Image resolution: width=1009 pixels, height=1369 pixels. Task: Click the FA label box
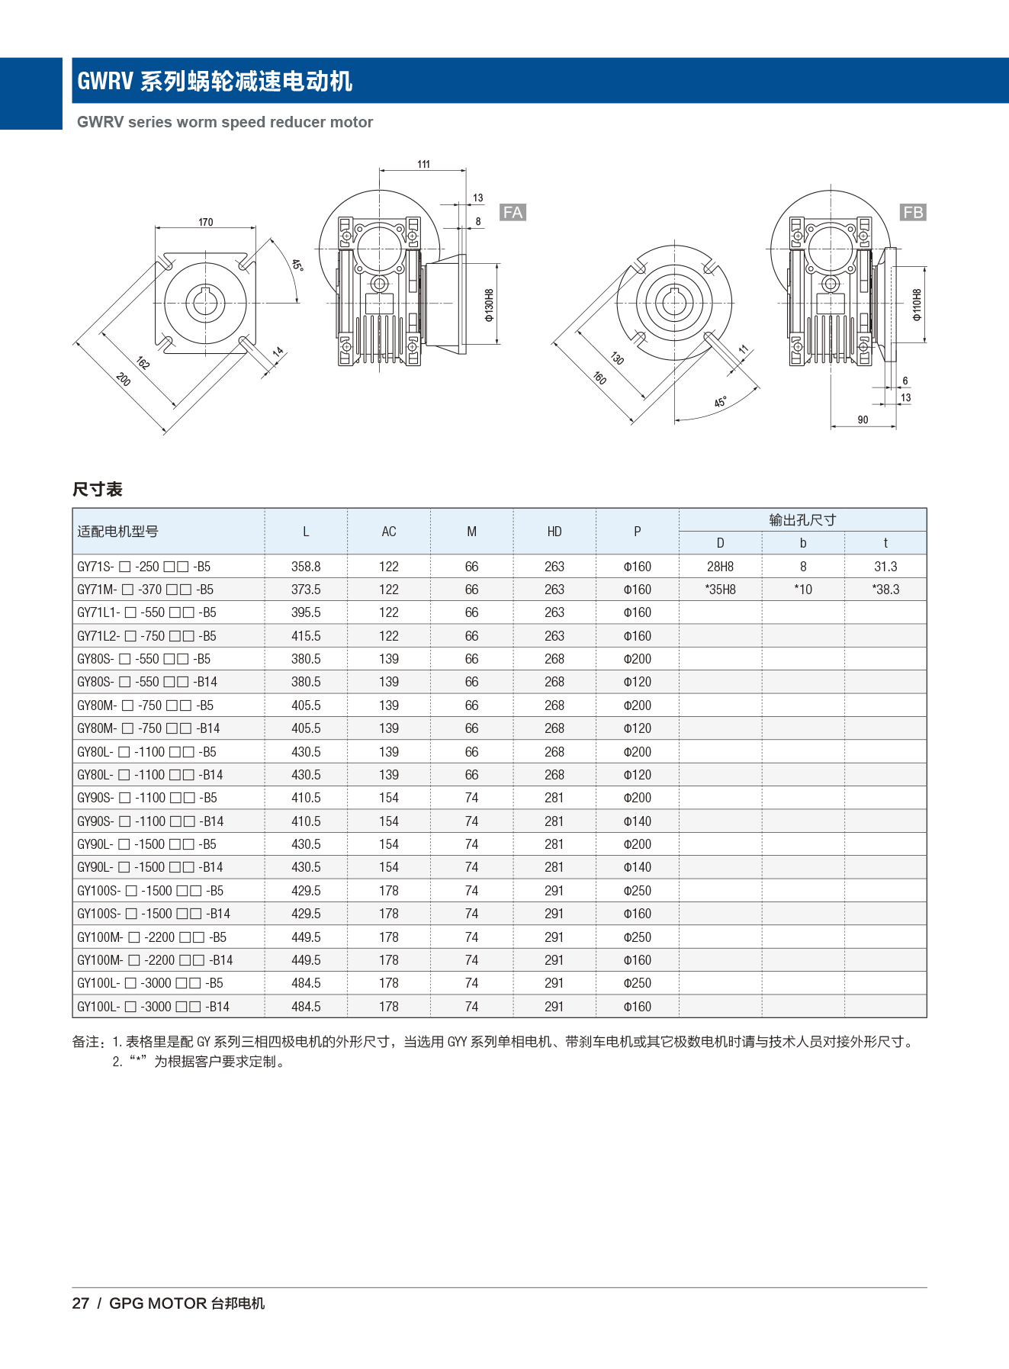(513, 212)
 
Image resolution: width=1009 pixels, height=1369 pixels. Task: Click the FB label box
(912, 212)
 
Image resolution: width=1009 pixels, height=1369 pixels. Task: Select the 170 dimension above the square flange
(205, 222)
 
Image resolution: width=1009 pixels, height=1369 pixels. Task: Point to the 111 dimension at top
(423, 164)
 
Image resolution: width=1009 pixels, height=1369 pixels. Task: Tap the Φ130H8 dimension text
(489, 304)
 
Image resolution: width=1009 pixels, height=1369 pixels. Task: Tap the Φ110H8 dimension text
(917, 304)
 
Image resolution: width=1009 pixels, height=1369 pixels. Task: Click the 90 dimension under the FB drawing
(863, 419)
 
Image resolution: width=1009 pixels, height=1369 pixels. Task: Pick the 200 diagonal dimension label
(124, 378)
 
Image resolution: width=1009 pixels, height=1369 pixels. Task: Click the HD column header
(554, 532)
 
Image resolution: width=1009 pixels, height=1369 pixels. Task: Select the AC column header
(389, 532)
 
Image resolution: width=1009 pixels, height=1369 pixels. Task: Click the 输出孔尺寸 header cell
(802, 519)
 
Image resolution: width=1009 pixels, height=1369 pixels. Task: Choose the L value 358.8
(306, 567)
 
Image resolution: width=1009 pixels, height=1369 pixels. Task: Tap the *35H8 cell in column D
(720, 590)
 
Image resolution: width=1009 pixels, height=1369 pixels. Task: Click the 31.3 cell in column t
(885, 567)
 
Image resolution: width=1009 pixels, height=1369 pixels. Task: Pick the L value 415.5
(306, 636)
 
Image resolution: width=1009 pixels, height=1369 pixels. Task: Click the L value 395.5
(306, 612)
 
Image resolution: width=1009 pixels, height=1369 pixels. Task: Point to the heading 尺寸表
(98, 489)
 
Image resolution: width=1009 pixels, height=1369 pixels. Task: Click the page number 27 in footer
(81, 1303)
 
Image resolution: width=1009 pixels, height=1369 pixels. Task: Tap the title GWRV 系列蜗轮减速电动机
(214, 81)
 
